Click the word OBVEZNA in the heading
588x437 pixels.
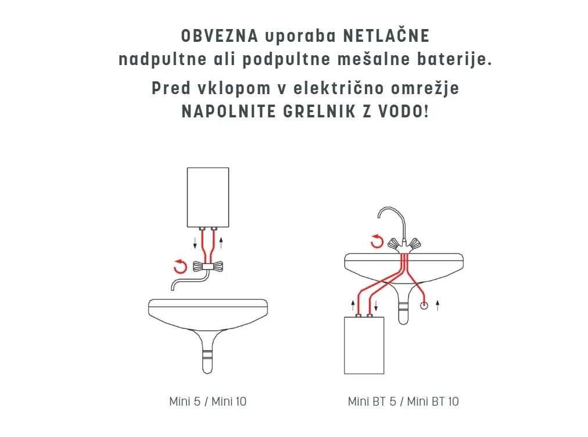[220, 37]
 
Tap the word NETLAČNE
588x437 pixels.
[386, 35]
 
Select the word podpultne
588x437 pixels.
[286, 60]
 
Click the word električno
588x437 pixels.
[339, 88]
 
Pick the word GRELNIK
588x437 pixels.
[319, 112]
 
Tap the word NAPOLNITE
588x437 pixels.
[228, 112]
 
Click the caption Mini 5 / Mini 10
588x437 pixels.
[208, 402]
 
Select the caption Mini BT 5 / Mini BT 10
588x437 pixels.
[403, 402]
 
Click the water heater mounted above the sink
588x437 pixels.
[208, 198]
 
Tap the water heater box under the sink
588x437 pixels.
[364, 345]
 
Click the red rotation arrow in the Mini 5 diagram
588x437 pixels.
[180, 266]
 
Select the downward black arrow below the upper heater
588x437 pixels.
[195, 243]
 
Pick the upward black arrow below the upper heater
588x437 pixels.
[221, 243]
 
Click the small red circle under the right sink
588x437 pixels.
[424, 306]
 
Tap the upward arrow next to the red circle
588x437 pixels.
[438, 305]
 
